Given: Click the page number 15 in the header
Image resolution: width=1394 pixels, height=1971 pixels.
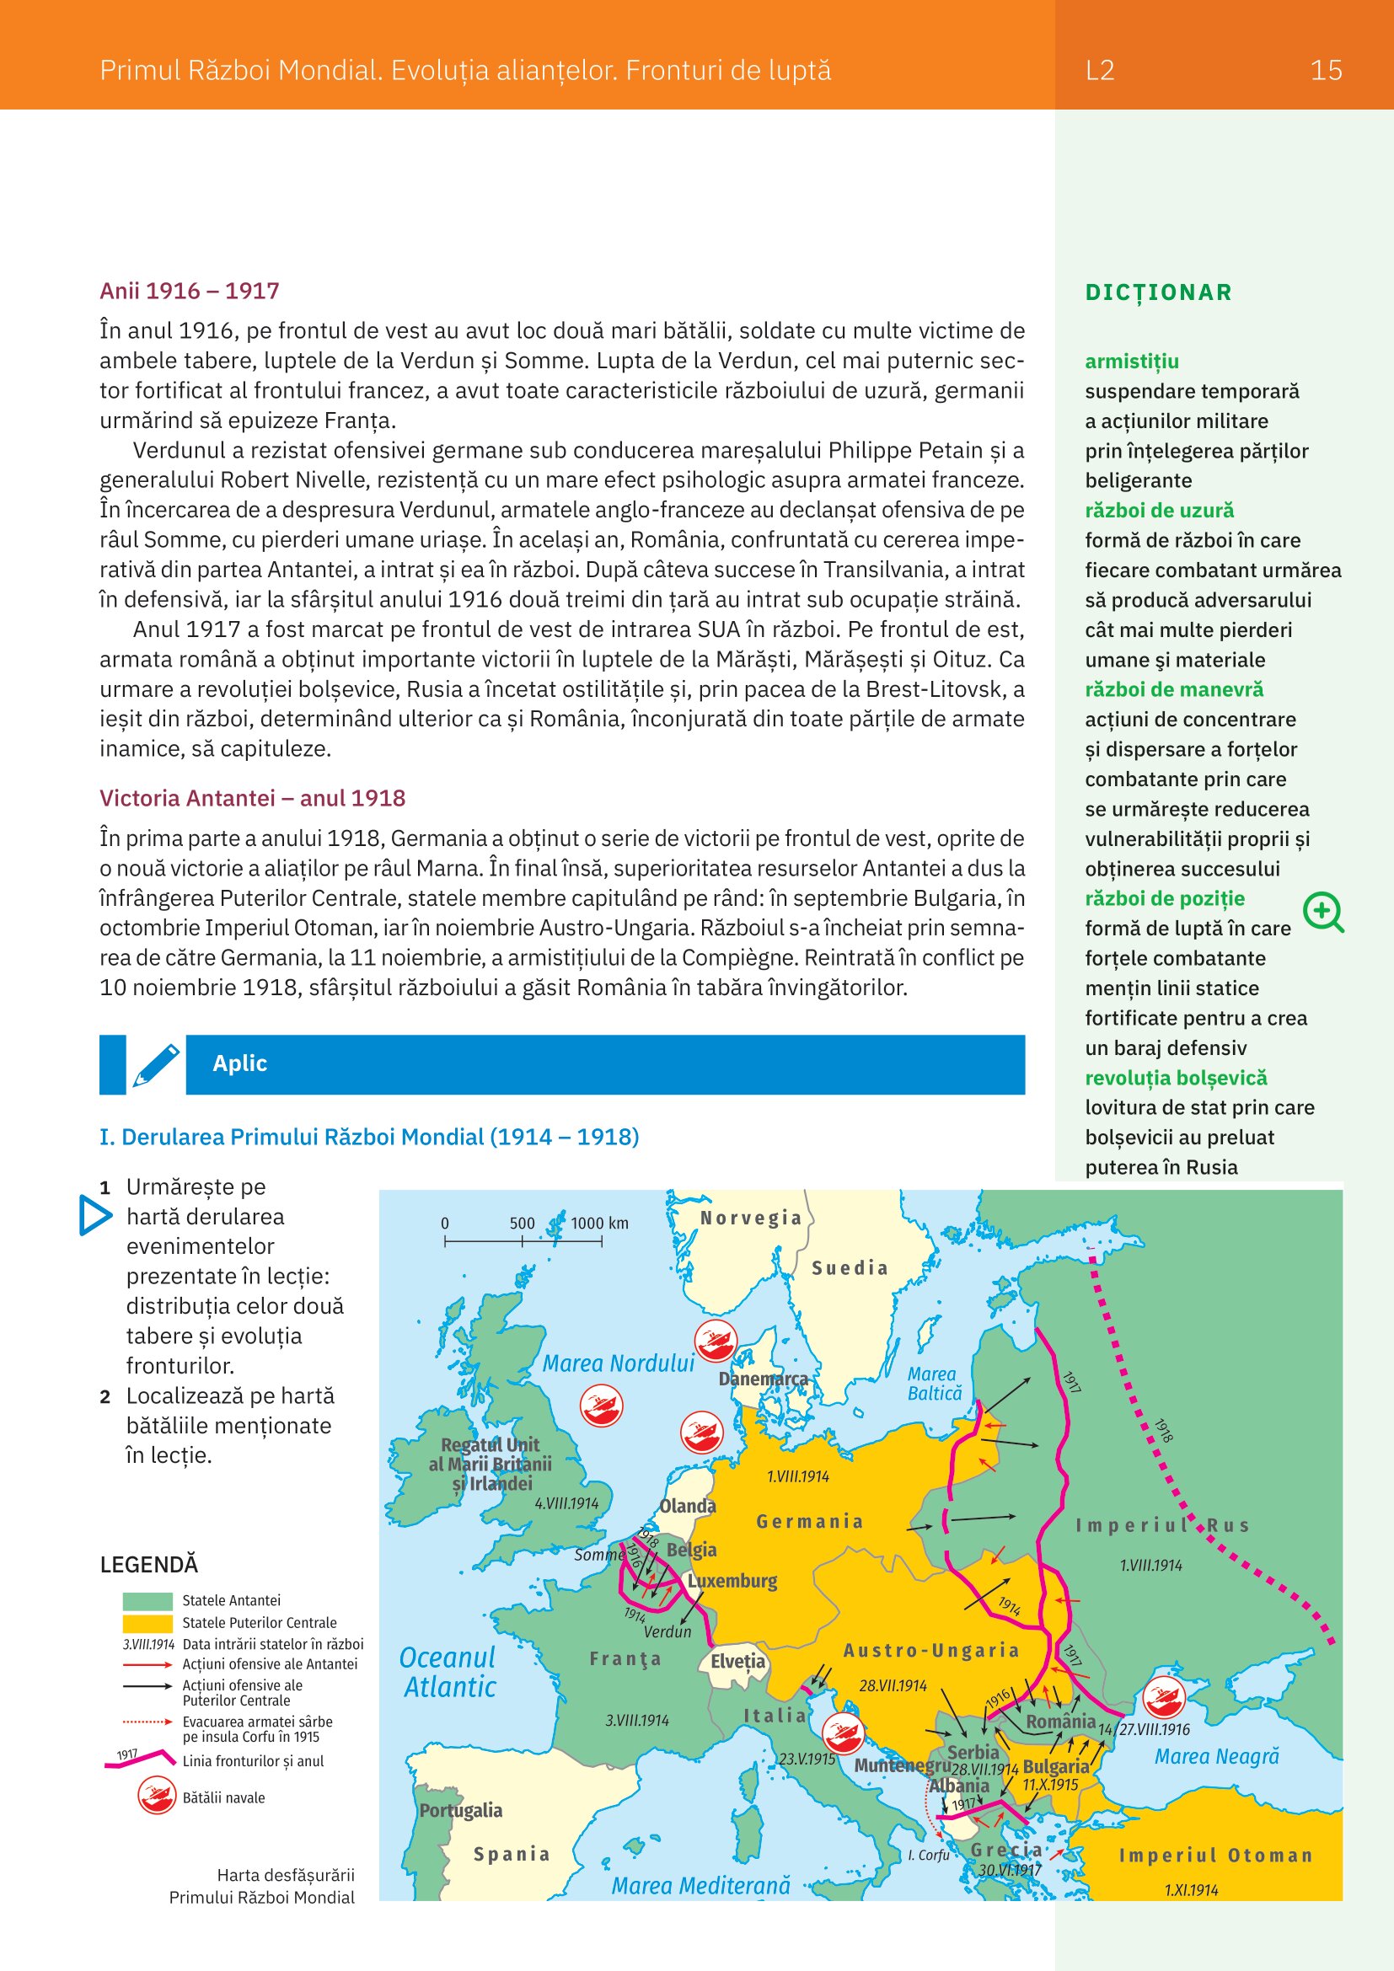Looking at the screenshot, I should [x=1326, y=71].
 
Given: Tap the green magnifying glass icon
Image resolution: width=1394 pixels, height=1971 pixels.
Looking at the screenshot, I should [x=1322, y=912].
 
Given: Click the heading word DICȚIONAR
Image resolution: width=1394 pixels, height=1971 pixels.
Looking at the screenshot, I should [x=1158, y=292].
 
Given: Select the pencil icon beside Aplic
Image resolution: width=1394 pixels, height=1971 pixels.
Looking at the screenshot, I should [x=156, y=1064].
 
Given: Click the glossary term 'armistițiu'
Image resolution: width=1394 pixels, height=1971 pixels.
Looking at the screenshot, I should [x=1131, y=362].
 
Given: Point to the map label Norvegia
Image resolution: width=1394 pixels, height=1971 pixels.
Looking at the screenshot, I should [x=751, y=1218].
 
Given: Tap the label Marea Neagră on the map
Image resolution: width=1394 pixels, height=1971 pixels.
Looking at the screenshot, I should [x=1216, y=1757].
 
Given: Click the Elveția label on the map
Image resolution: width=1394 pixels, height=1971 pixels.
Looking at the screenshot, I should [x=737, y=1661].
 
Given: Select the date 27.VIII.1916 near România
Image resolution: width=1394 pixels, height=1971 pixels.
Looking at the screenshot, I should [x=1155, y=1730].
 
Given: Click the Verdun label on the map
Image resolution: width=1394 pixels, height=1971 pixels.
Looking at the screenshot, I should [x=667, y=1632].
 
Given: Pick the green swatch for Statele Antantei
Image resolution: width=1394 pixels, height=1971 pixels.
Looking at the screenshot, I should [x=147, y=1601].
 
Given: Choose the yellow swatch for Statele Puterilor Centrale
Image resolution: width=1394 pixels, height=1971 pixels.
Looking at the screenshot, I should [x=147, y=1623].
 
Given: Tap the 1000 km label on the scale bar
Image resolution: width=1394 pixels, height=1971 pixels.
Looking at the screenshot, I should [x=599, y=1224].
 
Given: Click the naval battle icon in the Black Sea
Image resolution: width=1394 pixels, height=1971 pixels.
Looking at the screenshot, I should [x=1164, y=1697].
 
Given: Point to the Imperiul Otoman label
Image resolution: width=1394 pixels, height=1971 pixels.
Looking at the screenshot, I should [x=1215, y=1856].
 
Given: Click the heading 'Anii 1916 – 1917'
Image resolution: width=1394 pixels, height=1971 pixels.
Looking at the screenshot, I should [x=190, y=291].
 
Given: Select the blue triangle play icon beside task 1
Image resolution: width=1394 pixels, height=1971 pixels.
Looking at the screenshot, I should [x=94, y=1216].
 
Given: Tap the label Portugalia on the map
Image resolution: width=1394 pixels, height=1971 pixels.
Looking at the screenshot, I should [x=461, y=1810].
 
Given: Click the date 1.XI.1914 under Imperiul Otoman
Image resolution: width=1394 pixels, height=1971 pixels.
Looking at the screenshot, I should [x=1191, y=1889].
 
